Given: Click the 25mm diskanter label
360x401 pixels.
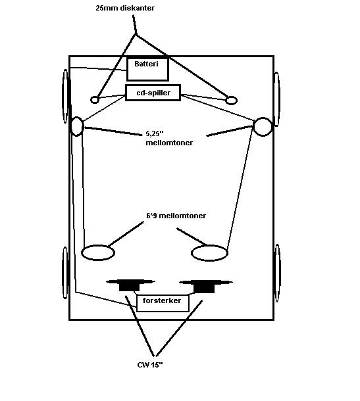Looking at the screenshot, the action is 125,8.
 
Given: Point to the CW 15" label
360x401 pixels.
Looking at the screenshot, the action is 150,365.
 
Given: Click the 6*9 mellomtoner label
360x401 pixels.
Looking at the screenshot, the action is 176,216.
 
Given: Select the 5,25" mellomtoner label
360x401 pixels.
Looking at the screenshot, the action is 169,138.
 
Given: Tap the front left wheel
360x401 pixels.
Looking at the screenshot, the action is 66,96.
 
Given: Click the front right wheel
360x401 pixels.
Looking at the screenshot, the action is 277,99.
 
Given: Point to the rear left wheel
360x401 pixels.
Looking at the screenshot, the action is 65,273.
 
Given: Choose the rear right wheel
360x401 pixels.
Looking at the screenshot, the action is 277,273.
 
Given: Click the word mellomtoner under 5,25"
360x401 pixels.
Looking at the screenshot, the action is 169,143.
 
